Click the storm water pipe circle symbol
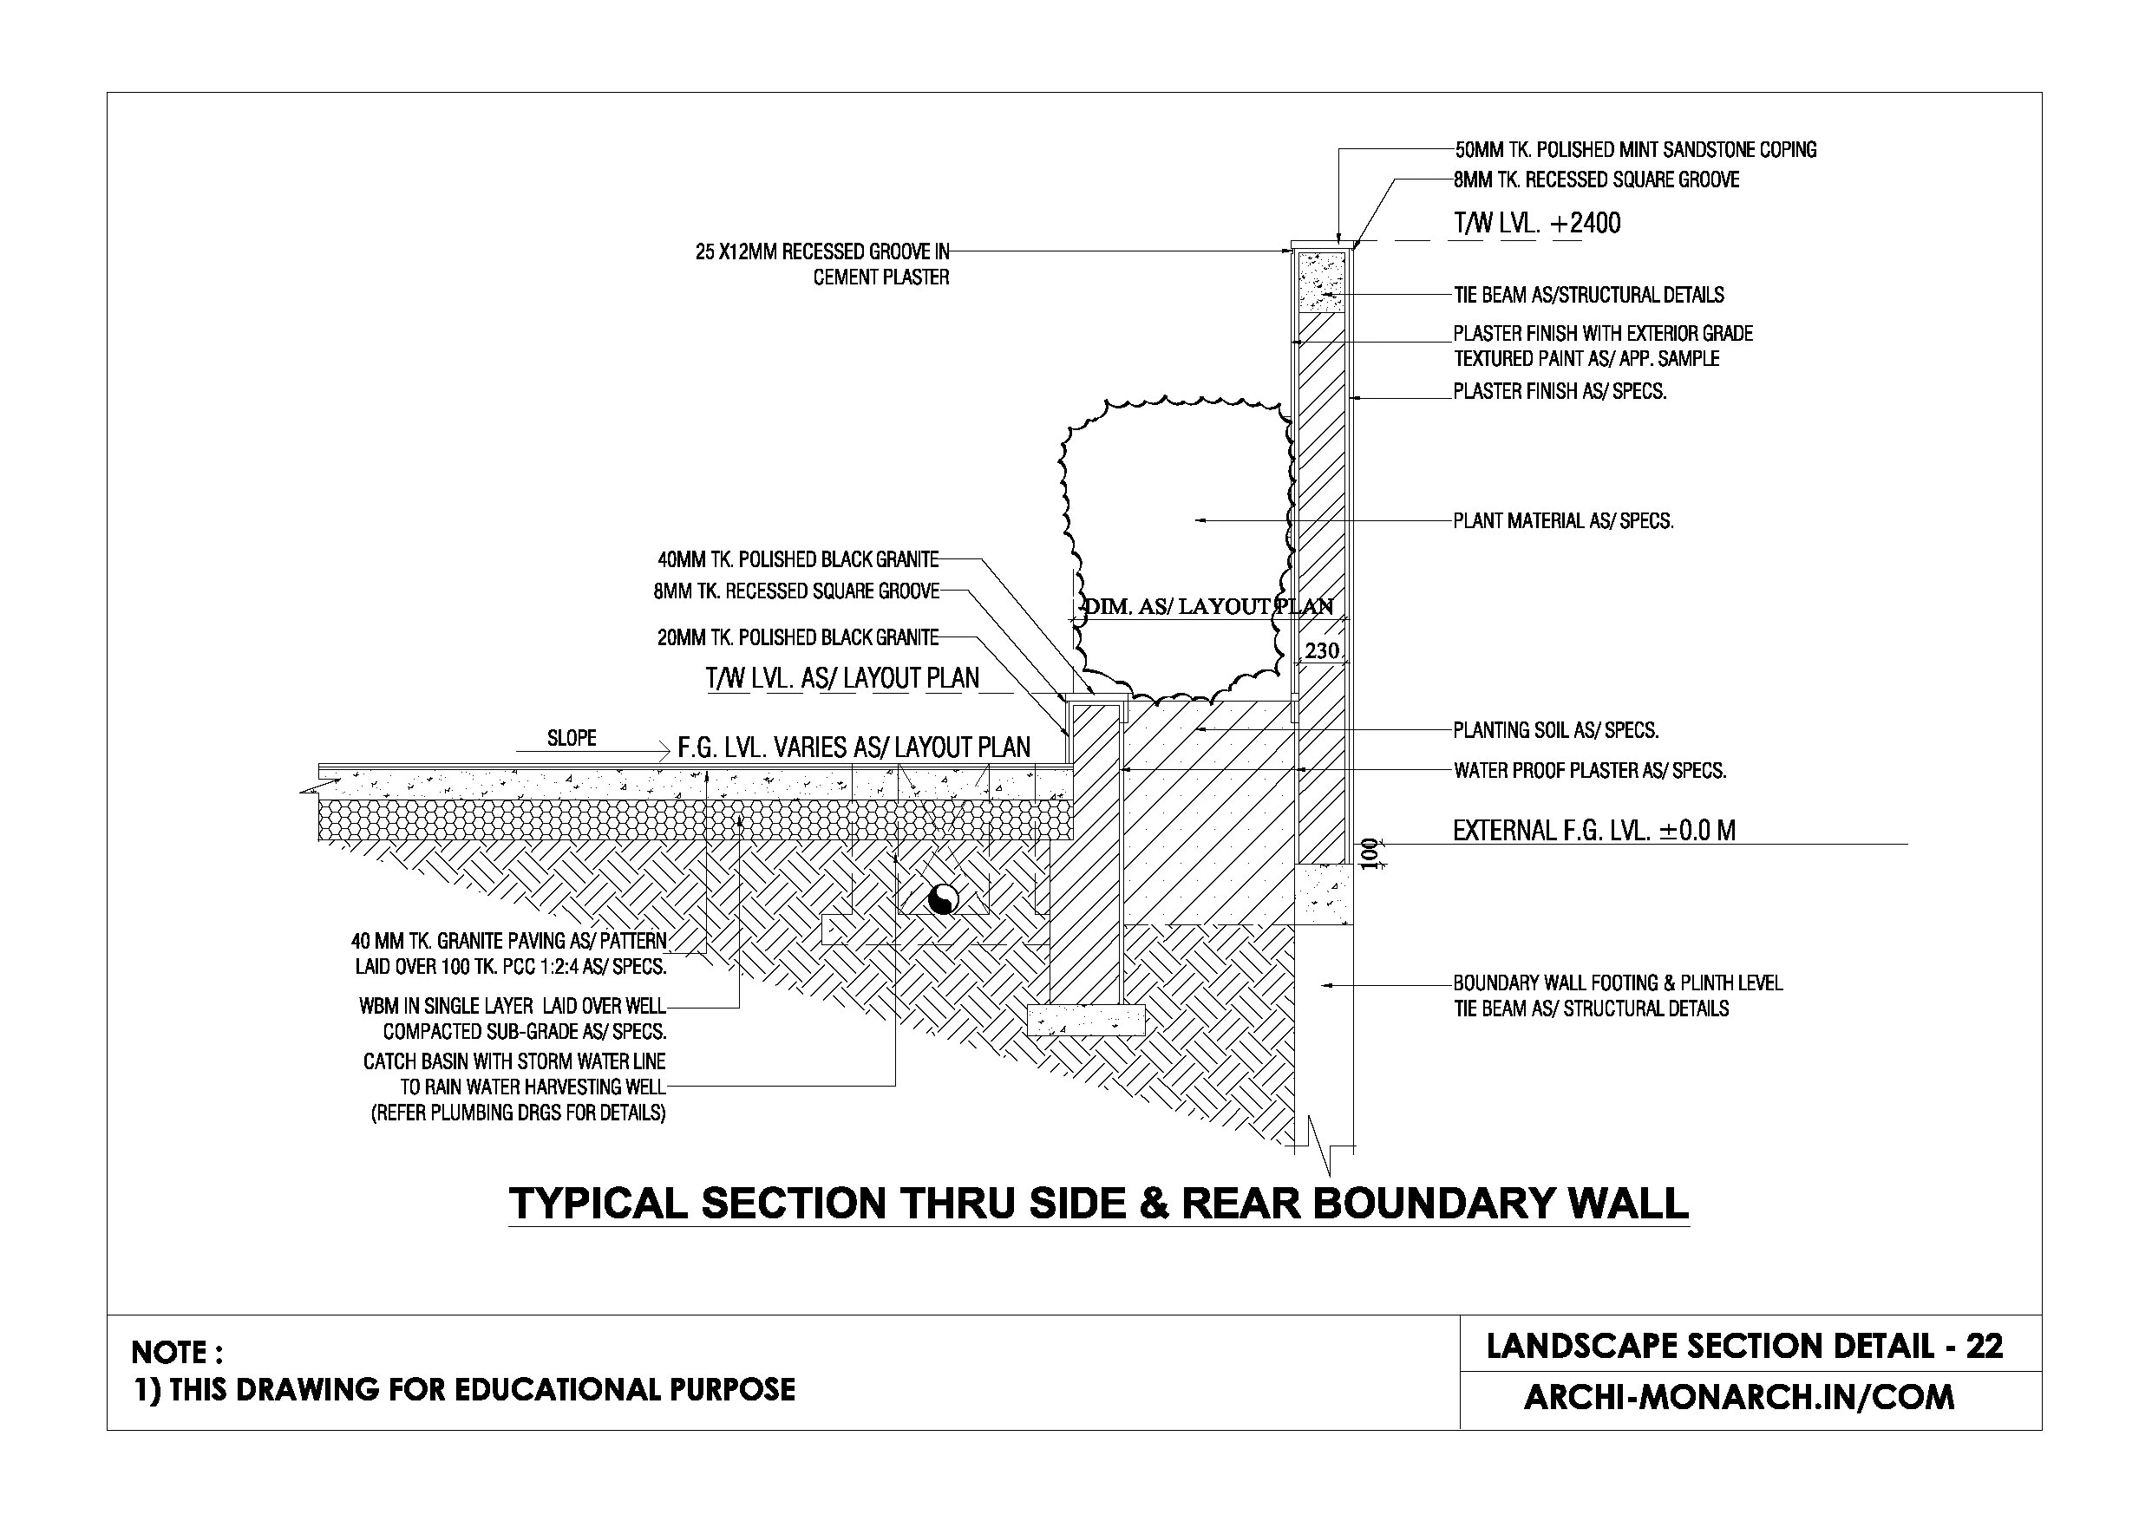(943, 899)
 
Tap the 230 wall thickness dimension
(1322, 650)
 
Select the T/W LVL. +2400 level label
(1536, 223)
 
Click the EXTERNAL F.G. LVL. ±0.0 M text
(1593, 831)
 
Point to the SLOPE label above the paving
(572, 739)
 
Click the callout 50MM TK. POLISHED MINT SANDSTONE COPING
(1635, 150)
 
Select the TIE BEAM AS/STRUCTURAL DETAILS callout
(1589, 295)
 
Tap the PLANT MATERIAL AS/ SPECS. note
(1563, 521)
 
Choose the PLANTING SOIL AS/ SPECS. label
(1556, 730)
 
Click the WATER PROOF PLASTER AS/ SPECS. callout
(1590, 771)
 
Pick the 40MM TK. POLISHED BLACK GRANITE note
(798, 560)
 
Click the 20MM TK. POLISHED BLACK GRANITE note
(798, 638)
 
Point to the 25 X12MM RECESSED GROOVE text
(822, 252)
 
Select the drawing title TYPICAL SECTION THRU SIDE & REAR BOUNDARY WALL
(1098, 1204)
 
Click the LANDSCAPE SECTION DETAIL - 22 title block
(1744, 1346)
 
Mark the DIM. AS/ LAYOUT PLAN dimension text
(1208, 606)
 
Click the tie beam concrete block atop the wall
(1321, 280)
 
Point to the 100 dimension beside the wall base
(1370, 854)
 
